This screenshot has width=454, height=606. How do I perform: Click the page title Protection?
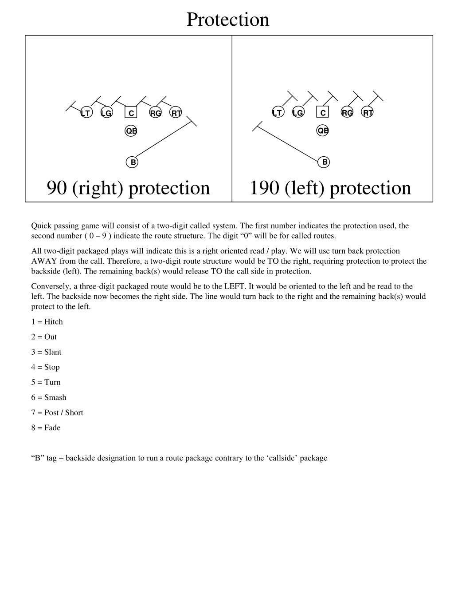[227, 20]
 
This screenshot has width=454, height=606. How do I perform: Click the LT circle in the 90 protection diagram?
[86, 113]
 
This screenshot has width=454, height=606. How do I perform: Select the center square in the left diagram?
[131, 113]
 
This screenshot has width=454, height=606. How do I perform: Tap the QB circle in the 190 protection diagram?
[323, 131]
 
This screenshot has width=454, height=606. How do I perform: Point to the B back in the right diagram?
[325, 162]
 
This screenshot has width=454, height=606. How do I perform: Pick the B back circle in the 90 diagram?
[133, 162]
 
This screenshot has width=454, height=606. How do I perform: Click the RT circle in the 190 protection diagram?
[368, 113]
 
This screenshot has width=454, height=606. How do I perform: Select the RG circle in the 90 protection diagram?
[155, 113]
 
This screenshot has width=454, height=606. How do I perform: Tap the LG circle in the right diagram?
[298, 113]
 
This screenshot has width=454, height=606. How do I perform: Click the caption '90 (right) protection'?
[128, 188]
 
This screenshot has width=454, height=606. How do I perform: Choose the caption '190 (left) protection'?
[330, 188]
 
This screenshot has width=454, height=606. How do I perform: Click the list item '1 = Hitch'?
[47, 322]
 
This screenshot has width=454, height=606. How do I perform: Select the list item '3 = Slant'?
[46, 352]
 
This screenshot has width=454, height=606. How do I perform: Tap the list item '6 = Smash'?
[49, 397]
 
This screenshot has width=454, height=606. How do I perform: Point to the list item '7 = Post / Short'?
[57, 412]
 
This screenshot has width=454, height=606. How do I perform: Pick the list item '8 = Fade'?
[46, 428]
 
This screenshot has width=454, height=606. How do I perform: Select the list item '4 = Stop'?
[45, 367]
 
